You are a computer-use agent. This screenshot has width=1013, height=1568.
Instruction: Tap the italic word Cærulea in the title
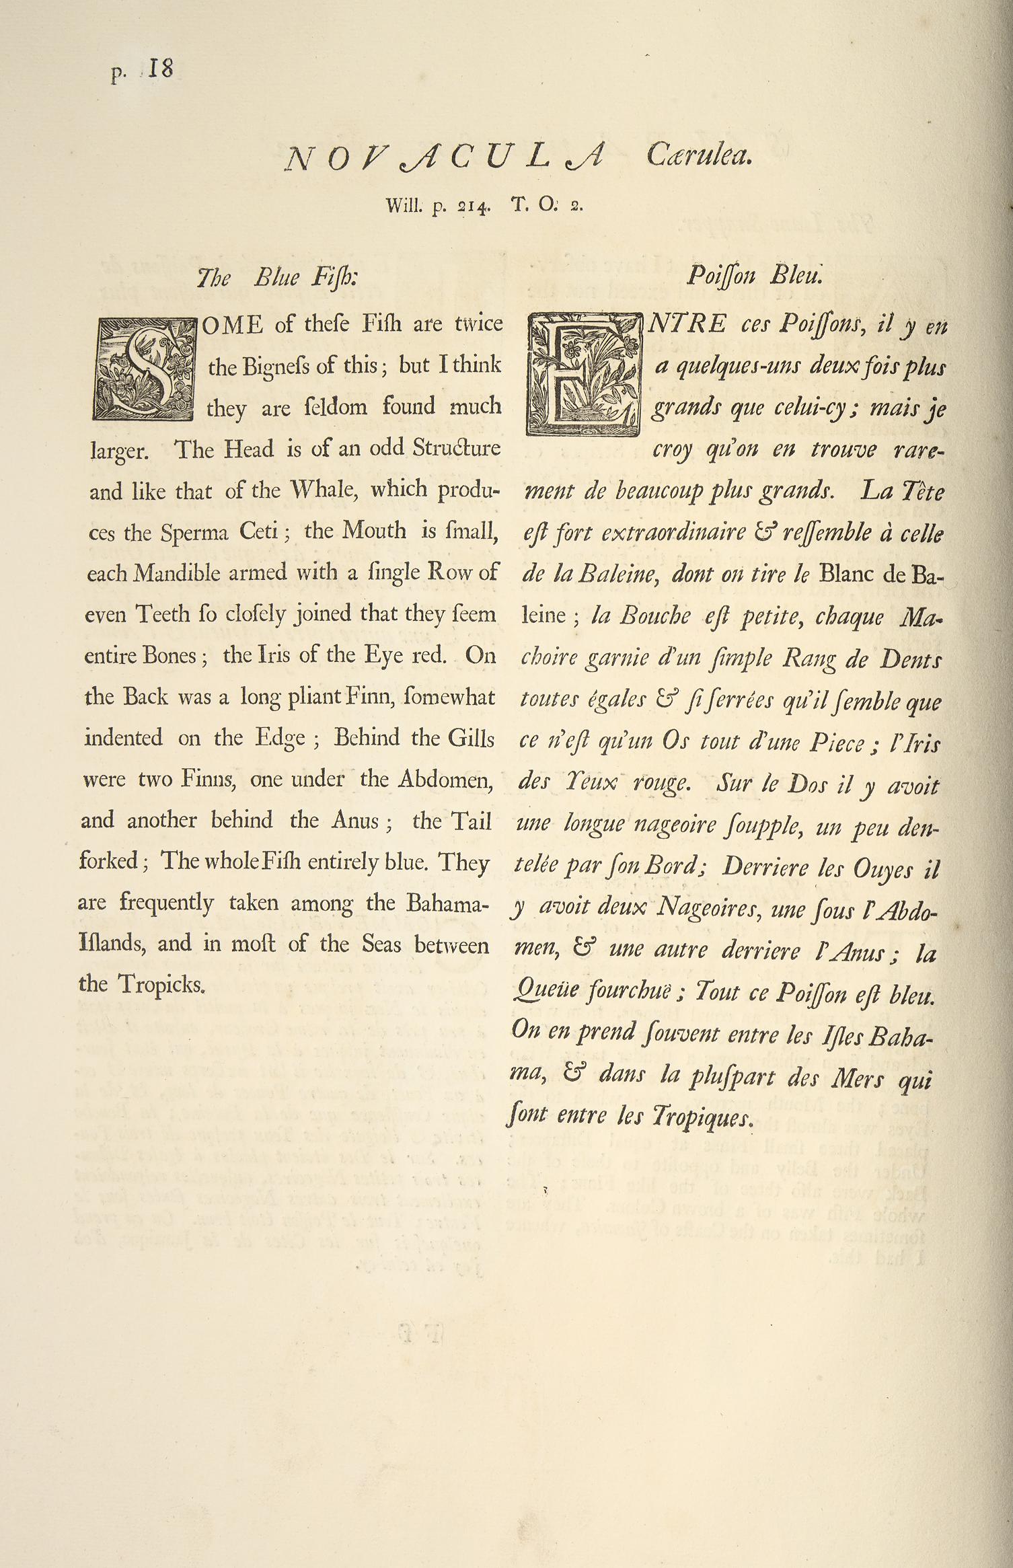pyautogui.click(x=698, y=157)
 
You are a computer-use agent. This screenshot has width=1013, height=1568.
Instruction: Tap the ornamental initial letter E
pyautogui.click(x=584, y=375)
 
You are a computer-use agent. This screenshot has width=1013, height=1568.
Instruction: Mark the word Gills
pyautogui.click(x=471, y=739)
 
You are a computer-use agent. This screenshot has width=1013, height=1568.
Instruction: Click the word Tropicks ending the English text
pyautogui.click(x=161, y=985)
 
